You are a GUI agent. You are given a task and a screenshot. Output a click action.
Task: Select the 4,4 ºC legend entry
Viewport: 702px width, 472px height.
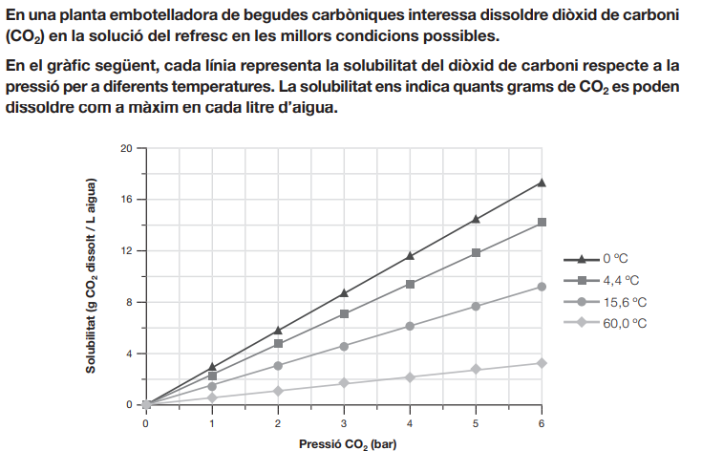click(x=620, y=280)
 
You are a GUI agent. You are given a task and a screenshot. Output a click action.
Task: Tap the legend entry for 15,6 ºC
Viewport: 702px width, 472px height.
click(x=623, y=302)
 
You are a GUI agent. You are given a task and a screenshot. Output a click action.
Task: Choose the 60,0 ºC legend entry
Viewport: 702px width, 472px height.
click(x=623, y=323)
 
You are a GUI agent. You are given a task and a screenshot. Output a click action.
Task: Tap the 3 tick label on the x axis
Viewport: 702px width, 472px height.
click(x=344, y=421)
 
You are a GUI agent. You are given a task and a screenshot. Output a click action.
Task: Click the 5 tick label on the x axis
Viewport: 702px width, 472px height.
click(x=476, y=421)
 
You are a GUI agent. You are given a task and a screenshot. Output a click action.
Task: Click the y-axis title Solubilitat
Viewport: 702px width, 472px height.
click(x=92, y=276)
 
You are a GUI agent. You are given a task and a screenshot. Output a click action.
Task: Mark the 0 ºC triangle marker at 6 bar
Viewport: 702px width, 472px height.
click(x=542, y=182)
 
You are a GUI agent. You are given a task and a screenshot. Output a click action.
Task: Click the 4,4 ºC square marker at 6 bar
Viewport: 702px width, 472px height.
click(x=542, y=222)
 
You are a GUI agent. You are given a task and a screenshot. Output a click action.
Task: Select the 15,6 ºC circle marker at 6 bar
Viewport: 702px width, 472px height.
click(x=542, y=287)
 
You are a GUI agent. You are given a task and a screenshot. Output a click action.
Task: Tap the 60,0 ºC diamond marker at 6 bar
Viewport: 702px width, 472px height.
click(x=542, y=363)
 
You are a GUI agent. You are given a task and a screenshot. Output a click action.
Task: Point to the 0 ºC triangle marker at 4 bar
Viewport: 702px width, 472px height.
click(x=410, y=256)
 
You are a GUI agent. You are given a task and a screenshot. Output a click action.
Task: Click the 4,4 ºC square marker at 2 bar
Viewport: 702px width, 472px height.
click(x=278, y=344)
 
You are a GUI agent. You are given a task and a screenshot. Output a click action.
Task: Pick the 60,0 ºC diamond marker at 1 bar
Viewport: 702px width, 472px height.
click(x=212, y=397)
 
